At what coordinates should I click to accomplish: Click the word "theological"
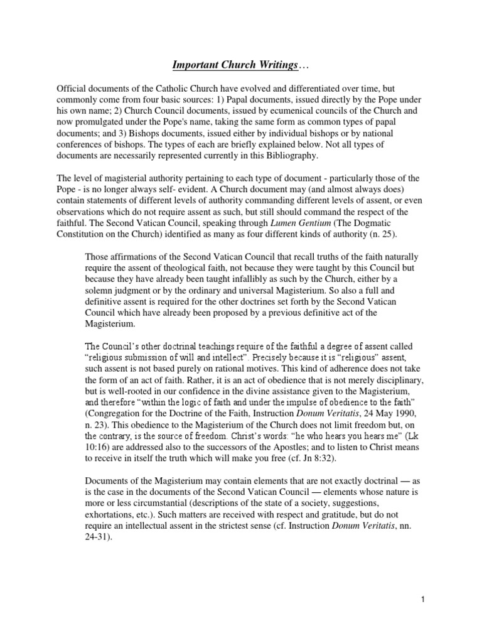179,268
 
